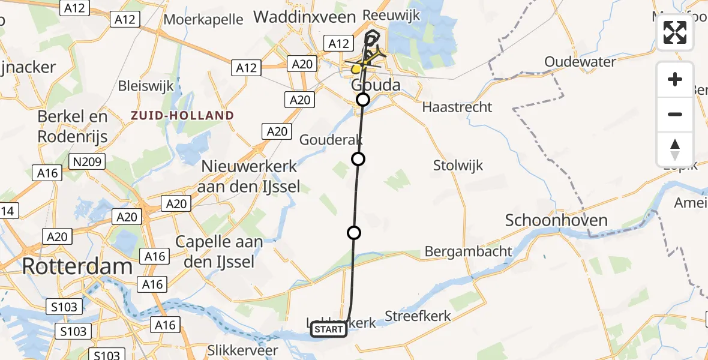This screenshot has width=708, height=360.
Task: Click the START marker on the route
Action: point(328,329)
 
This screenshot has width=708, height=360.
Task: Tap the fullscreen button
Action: point(675,32)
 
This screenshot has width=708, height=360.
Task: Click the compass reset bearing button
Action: point(675,149)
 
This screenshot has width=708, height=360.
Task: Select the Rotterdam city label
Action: point(77,267)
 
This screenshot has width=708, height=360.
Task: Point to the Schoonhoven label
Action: point(556,220)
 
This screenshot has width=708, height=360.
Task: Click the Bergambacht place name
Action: point(469,251)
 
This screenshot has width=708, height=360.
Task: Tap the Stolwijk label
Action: point(458,166)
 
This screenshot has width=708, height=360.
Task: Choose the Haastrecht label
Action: point(457,107)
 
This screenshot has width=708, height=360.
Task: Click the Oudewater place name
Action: point(580,62)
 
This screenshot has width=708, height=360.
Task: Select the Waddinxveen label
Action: point(305,17)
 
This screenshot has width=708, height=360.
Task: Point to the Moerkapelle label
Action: point(203,19)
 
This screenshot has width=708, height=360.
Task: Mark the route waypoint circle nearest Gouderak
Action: point(358,159)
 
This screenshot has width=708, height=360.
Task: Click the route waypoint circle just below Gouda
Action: point(363,100)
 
